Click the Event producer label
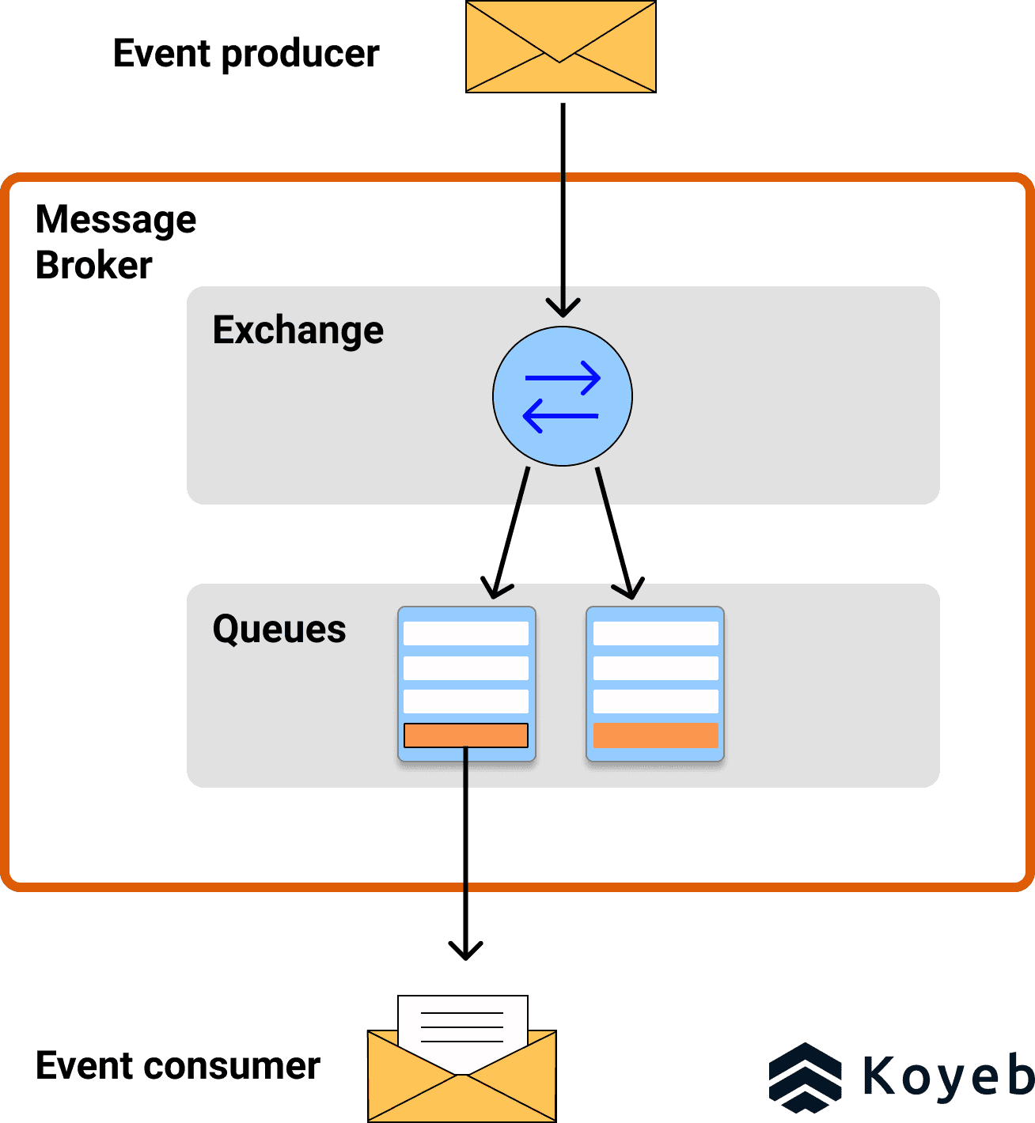pos(246,54)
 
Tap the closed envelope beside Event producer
pos(560,47)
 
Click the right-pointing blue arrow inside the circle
pos(563,378)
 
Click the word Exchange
pos(298,330)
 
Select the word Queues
pos(279,630)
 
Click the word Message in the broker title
pos(116,219)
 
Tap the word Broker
pos(93,265)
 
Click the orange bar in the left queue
pos(466,735)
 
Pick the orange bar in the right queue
pos(656,735)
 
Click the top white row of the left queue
pos(466,633)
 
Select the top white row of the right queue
pos(656,633)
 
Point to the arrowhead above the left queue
pos(496,589)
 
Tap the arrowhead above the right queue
pos(629,589)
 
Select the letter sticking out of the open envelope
pos(463,1020)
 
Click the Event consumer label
pos(178,1066)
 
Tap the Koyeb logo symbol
pos(806,1077)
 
